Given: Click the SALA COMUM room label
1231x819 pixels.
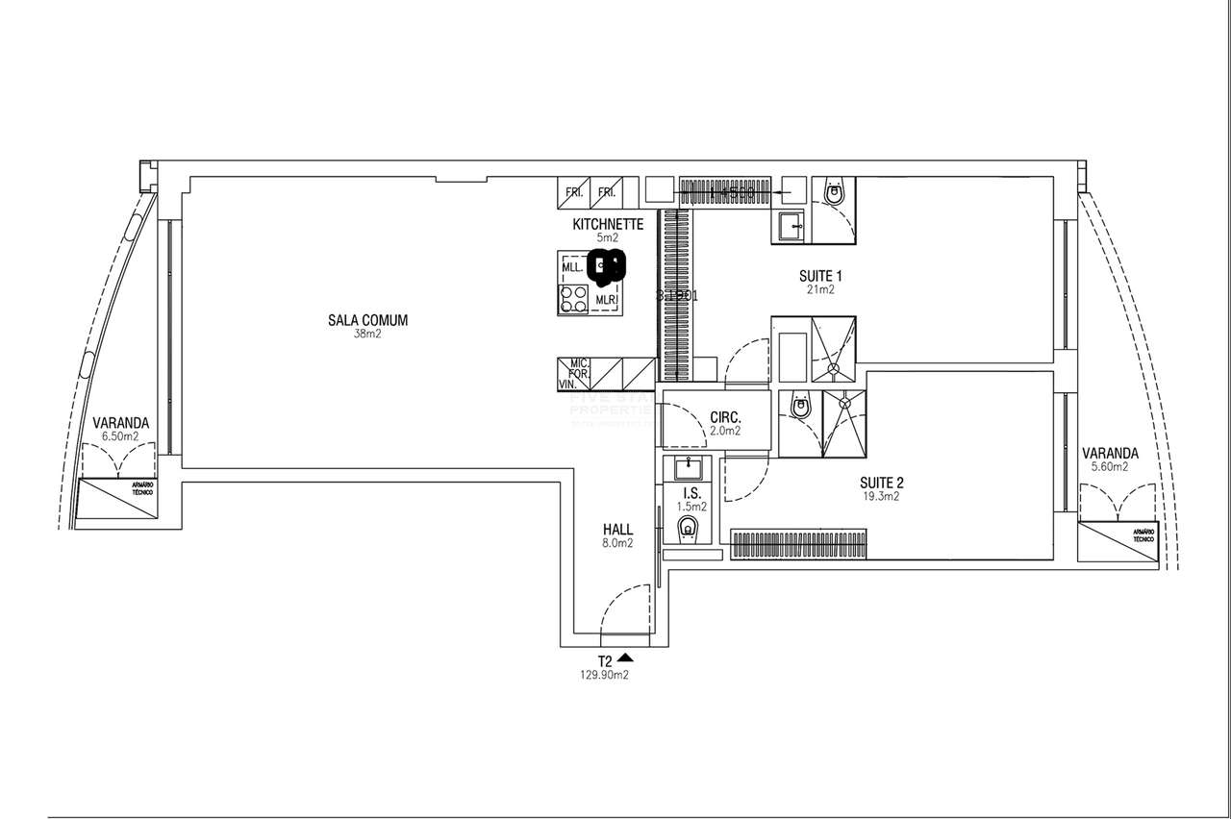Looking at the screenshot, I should point(367,321).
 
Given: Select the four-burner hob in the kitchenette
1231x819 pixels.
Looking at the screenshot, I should point(574,299).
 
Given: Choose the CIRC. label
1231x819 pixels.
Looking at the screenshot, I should point(724,418).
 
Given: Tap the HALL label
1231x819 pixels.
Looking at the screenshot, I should point(617,530).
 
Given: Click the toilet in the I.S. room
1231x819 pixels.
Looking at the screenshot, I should point(688,528).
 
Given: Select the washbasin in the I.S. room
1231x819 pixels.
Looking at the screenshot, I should point(689,469).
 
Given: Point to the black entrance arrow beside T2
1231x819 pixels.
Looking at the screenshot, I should point(626,658).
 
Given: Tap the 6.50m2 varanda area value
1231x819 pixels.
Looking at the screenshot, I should point(120,435).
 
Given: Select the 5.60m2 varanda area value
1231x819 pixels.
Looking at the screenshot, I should point(1109,466).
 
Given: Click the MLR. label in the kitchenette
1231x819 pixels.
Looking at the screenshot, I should point(605,299).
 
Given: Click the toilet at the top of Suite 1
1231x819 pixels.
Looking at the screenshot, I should point(833,193).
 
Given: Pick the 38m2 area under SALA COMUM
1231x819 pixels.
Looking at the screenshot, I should point(367,335).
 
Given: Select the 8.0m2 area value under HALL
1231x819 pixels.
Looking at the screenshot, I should point(617,543).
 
